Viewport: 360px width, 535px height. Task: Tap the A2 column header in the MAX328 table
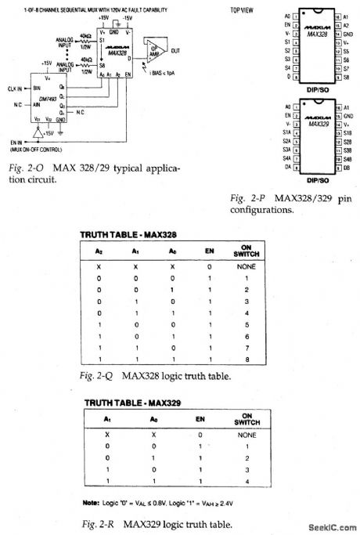[x=99, y=251]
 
